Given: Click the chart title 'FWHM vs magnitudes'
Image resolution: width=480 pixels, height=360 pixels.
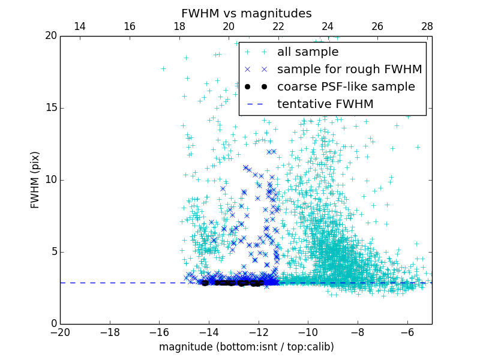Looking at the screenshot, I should pos(246,13).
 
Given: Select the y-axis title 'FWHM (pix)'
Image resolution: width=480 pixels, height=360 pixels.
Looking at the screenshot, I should pos(35,180).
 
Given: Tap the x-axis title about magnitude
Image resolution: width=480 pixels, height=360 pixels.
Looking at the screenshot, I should pos(246,347).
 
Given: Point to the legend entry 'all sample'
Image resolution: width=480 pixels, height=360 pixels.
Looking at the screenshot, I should pos(308,52).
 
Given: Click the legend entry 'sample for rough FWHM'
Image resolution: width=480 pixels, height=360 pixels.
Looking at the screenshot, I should pos(349,70).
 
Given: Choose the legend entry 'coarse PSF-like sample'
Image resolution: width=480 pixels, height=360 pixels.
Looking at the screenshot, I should pos(346,87).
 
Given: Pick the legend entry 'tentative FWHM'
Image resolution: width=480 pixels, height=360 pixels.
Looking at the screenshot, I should pos(325,104).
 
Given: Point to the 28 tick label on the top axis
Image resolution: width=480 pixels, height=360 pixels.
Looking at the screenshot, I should pos(427,27).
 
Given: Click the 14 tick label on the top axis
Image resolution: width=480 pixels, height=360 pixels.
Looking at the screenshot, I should pos(79,27).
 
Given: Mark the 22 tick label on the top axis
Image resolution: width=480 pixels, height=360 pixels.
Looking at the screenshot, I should pos(278,27).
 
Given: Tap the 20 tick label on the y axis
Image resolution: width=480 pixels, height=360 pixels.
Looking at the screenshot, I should pos(50,36).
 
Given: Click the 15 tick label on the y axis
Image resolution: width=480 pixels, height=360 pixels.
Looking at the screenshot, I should pos(50,108).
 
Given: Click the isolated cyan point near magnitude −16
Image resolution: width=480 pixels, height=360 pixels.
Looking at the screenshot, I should pos(163,68).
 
